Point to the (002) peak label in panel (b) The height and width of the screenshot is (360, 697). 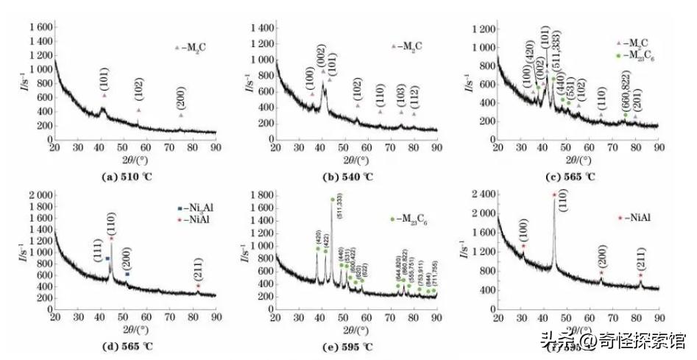[322, 57]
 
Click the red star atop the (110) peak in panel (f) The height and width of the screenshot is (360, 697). [554, 195]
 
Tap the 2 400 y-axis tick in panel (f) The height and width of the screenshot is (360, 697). [479, 195]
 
